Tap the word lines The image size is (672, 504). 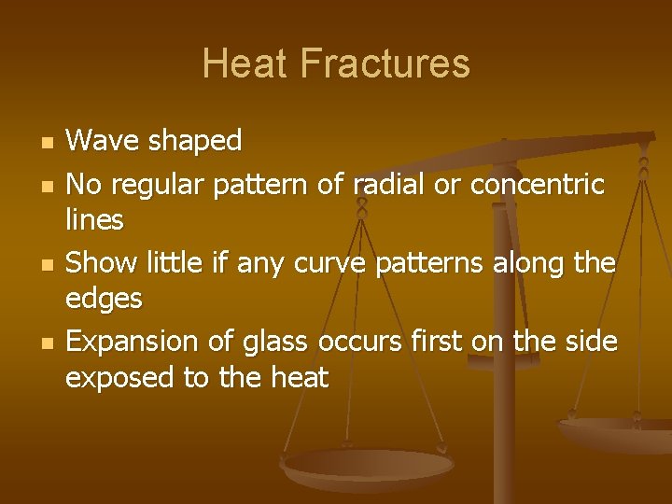coord(94,220)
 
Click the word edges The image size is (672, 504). coord(104,300)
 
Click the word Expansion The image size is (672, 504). coord(133,342)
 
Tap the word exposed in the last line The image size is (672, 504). coord(114,378)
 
